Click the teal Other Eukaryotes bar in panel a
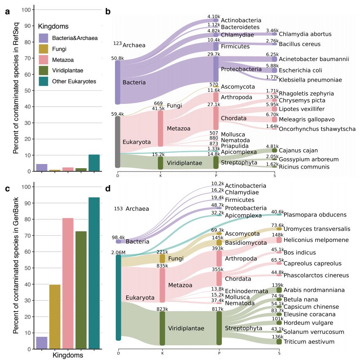pos(94,163)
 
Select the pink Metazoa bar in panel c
pos(68,283)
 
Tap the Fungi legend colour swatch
pos(43,49)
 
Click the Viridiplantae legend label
pos(68,71)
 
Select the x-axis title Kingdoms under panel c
pos(68,355)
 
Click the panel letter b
pos(108,11)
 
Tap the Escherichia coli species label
pos(301,70)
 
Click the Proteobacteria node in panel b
pos(216,69)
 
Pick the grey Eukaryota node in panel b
pos(117,142)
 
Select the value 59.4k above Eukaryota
pos(117,114)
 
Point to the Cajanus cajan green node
pos(275,151)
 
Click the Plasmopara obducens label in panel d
pos(315,214)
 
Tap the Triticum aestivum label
pos(309,341)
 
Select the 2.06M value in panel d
pos(118,253)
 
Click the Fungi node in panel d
pos(162,259)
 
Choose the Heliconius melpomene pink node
pos(279,240)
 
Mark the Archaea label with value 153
pos(131,209)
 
